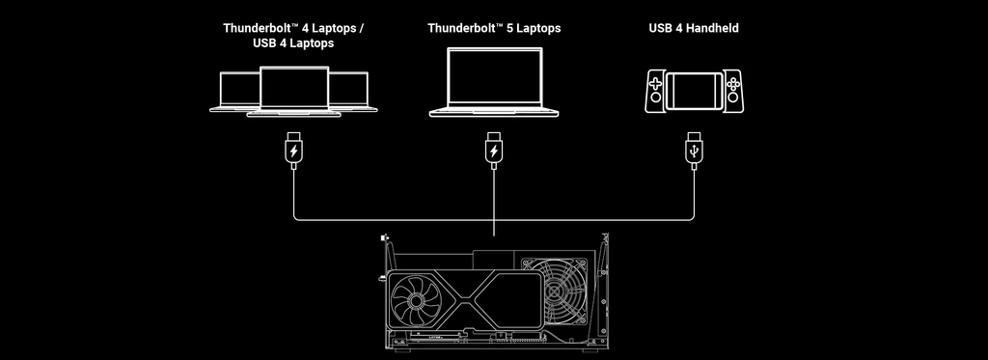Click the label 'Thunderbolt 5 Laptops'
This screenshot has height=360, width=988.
point(494,28)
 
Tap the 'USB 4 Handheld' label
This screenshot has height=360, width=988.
point(694,28)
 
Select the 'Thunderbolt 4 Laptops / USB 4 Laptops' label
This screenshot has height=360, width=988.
point(293,36)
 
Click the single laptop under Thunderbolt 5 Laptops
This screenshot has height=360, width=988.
point(494,82)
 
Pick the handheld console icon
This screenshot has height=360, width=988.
point(694,92)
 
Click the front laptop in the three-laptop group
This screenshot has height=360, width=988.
point(293,92)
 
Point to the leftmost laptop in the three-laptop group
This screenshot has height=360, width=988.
point(234,92)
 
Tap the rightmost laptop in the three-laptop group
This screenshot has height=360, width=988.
point(353,92)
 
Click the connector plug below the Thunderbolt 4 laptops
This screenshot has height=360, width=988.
point(293,150)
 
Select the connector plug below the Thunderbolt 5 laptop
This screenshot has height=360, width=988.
point(494,150)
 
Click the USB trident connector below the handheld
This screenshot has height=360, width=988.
point(694,150)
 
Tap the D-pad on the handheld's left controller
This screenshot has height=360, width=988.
point(656,83)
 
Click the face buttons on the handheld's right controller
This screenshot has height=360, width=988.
point(732,83)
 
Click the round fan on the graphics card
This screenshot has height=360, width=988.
point(415,300)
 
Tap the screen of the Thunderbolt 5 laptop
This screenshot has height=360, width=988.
point(494,76)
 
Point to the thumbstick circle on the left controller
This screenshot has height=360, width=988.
point(656,97)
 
